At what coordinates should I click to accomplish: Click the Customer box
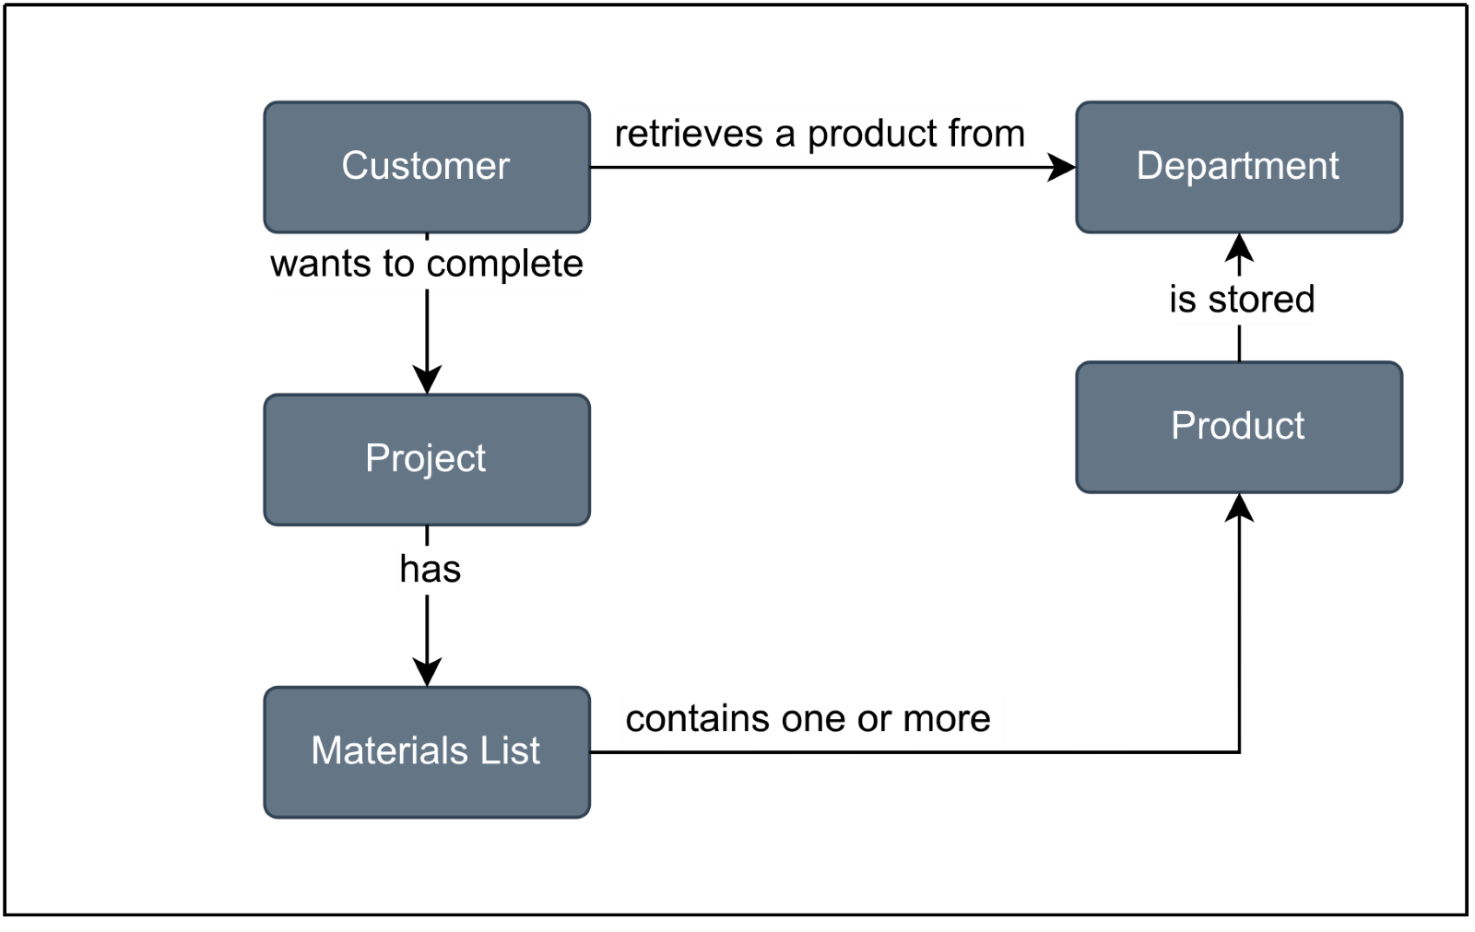[427, 167]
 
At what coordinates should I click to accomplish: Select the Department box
[1238, 167]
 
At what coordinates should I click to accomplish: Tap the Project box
[427, 459]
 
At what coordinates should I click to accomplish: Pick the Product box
[1238, 427]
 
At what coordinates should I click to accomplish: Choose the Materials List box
[427, 751]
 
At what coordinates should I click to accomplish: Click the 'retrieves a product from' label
[820, 135]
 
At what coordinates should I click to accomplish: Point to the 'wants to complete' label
[427, 265]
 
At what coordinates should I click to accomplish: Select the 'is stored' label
[1242, 300]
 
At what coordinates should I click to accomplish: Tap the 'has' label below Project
[430, 570]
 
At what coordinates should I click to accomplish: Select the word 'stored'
[1261, 300]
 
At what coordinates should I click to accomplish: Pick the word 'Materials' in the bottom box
[385, 751]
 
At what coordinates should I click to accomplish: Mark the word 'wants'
[320, 265]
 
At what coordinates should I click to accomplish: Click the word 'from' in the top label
[985, 135]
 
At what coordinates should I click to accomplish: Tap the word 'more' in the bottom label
[947, 719]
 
